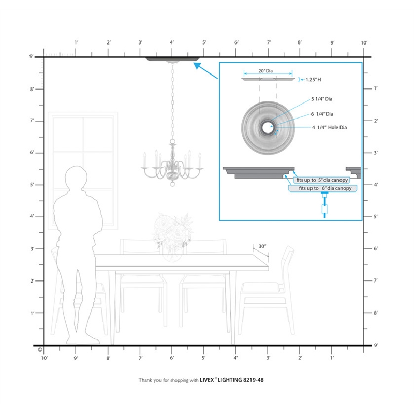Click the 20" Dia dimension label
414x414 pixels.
pyautogui.click(x=265, y=71)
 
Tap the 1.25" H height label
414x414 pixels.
pyautogui.click(x=314, y=80)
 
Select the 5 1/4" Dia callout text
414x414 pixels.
pyautogui.click(x=321, y=99)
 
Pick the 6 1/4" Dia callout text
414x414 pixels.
pyautogui.click(x=322, y=114)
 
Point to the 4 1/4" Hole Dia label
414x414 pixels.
pyautogui.click(x=329, y=127)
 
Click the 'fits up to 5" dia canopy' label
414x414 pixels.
pyautogui.click(x=322, y=180)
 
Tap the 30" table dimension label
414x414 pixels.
pyautogui.click(x=262, y=246)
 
